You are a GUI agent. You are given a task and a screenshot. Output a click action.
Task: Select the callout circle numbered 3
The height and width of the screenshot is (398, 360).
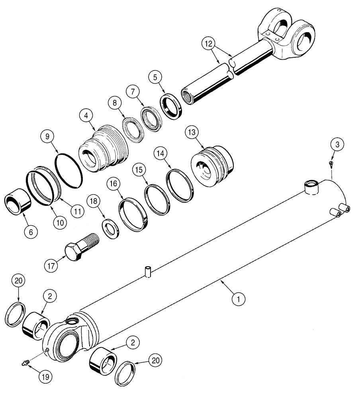click(x=337, y=145)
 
